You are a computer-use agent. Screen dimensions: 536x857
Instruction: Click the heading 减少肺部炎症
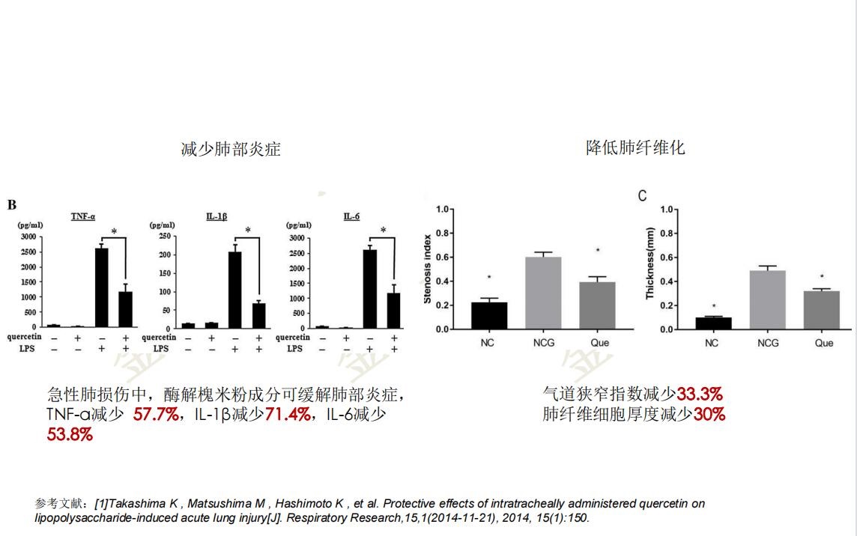[x=231, y=149]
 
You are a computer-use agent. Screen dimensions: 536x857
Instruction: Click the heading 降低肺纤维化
[x=635, y=147]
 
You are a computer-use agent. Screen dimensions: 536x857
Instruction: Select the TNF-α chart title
[x=83, y=216]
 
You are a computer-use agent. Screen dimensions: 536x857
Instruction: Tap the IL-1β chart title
[x=217, y=216]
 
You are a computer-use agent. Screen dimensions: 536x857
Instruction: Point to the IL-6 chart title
[x=351, y=216]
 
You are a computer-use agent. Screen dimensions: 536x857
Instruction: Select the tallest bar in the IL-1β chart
[x=235, y=289]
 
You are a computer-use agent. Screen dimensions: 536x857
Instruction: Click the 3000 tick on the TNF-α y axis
[x=27, y=237]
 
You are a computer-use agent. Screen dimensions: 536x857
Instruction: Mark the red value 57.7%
[x=156, y=414]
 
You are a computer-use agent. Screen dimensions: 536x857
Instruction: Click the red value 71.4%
[x=288, y=414]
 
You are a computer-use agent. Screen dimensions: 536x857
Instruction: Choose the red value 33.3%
[x=700, y=395]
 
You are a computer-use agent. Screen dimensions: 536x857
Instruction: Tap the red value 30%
[x=709, y=414]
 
